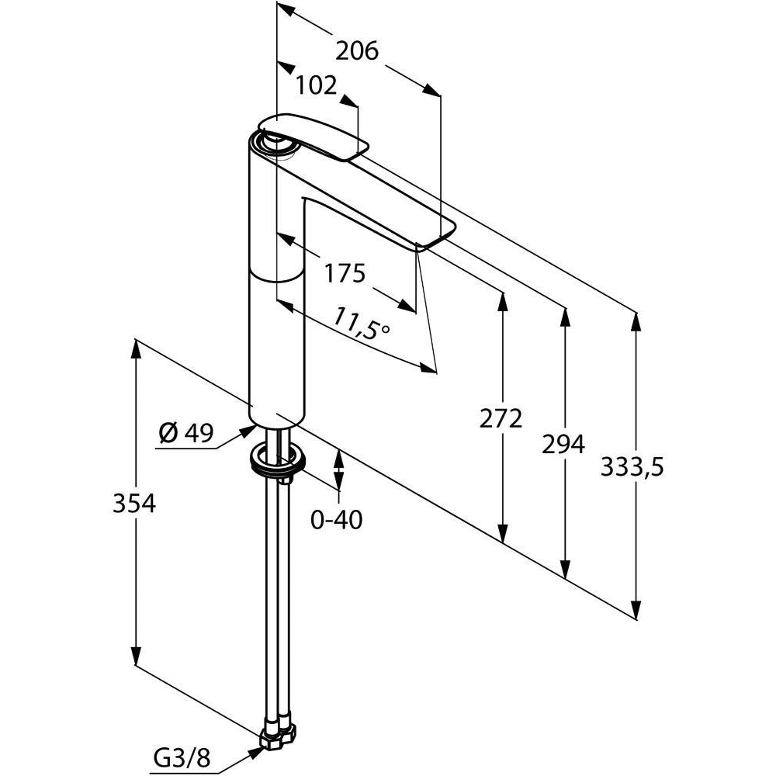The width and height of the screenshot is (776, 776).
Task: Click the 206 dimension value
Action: click(x=356, y=51)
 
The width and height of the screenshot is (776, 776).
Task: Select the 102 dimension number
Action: click(x=316, y=85)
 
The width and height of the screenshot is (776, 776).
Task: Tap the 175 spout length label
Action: click(x=345, y=273)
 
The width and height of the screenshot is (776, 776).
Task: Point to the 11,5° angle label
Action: click(x=361, y=324)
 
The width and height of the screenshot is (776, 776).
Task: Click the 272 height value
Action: click(x=501, y=418)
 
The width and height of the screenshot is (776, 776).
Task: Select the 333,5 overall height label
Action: click(x=632, y=467)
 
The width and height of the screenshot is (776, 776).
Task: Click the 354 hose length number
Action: click(x=134, y=503)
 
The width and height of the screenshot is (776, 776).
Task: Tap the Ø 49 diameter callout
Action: click(x=185, y=434)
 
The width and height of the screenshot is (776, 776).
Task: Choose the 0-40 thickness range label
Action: click(x=336, y=519)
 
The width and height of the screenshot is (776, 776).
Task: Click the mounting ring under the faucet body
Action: click(x=277, y=462)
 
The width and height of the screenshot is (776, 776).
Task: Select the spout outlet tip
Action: click(x=436, y=237)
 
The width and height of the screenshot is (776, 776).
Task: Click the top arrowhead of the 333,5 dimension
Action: click(x=636, y=320)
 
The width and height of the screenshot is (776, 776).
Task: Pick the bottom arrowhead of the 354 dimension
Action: click(x=135, y=656)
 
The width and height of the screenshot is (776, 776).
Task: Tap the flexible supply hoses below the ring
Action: click(x=279, y=590)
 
